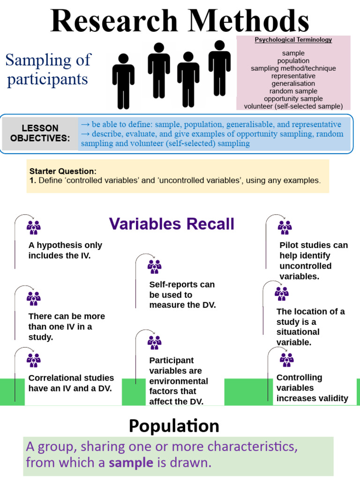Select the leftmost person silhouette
point(123,82)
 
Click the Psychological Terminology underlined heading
point(293,40)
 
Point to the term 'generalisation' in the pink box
point(293,83)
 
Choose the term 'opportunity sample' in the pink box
point(293,98)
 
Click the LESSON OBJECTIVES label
point(40,133)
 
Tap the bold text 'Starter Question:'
point(63,171)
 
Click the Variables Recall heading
point(172,224)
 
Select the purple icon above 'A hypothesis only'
point(33,228)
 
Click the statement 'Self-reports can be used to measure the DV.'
point(182,294)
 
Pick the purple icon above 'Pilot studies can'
point(285,228)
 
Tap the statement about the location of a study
point(311,327)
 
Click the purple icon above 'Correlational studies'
point(33,360)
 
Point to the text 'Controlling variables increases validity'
point(312,388)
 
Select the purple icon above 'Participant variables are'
point(154,343)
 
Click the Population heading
point(174,426)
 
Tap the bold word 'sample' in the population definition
point(131,463)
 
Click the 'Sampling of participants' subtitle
point(47,69)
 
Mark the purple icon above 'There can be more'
point(33,298)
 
